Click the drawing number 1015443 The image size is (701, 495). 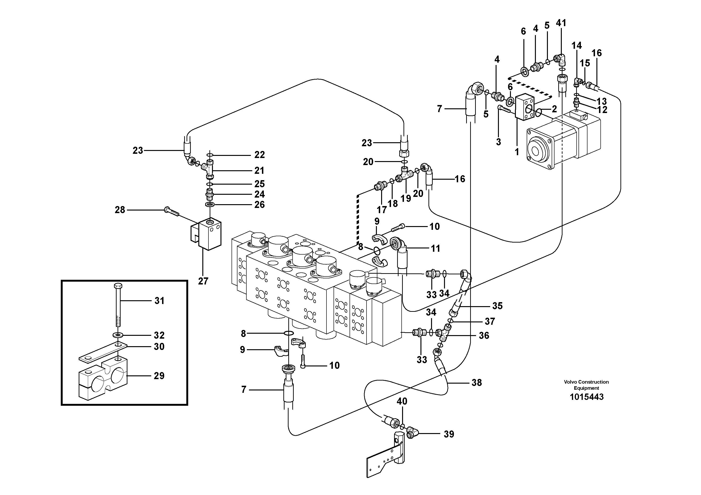pyautogui.click(x=586, y=397)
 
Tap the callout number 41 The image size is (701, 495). pyautogui.click(x=561, y=23)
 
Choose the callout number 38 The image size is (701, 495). pyautogui.click(x=477, y=382)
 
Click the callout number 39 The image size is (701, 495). pyautogui.click(x=448, y=434)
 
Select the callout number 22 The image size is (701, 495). pyautogui.click(x=260, y=155)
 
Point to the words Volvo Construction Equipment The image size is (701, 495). pyautogui.click(x=586, y=385)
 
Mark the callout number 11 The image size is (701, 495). pyautogui.click(x=435, y=248)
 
